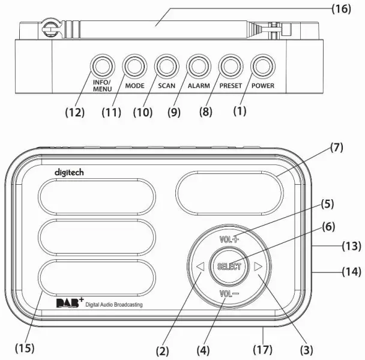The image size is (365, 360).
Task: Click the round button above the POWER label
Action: [x=262, y=65]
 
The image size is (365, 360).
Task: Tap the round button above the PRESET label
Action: [x=230, y=65]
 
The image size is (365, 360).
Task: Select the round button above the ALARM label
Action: [x=198, y=65]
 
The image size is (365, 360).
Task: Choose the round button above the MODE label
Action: [x=134, y=65]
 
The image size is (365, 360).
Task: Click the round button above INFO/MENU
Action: [x=102, y=65]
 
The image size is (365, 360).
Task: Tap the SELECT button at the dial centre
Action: [x=228, y=266]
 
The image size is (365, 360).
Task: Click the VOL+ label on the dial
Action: [x=228, y=238]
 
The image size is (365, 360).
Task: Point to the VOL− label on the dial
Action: [x=228, y=295]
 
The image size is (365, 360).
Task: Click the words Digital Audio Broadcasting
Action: [x=114, y=306]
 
